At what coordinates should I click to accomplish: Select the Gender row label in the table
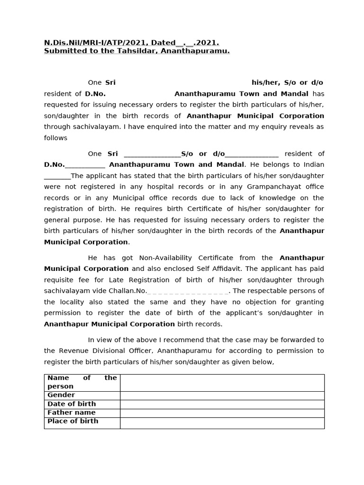coord(61,395)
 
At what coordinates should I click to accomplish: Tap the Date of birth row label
coord(72,404)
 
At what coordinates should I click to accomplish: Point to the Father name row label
coord(68,413)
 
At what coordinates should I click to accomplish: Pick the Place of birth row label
coord(73,421)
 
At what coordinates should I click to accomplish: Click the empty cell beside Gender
coord(222,395)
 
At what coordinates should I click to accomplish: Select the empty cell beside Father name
coord(222,413)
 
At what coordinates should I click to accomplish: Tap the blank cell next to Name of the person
coord(222,382)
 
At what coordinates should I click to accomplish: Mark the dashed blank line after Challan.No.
coord(188,291)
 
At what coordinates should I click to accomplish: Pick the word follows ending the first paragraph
coord(55,138)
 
